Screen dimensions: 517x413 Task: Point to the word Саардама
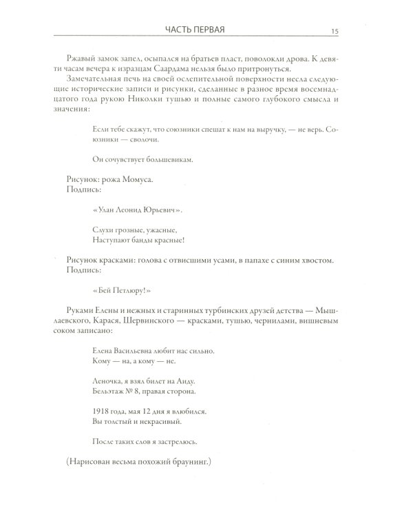coord(218,72)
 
